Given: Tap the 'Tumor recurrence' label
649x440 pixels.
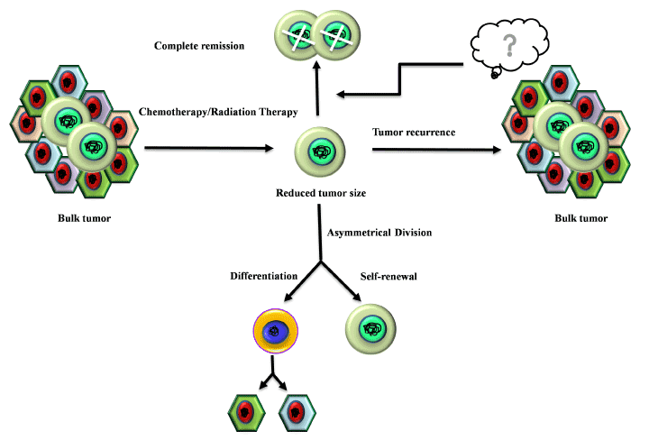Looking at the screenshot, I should pos(414,133).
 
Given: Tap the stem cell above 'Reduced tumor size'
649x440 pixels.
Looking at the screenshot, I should pos(318,151).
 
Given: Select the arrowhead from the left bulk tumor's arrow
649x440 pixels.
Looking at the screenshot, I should pos(270,148).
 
